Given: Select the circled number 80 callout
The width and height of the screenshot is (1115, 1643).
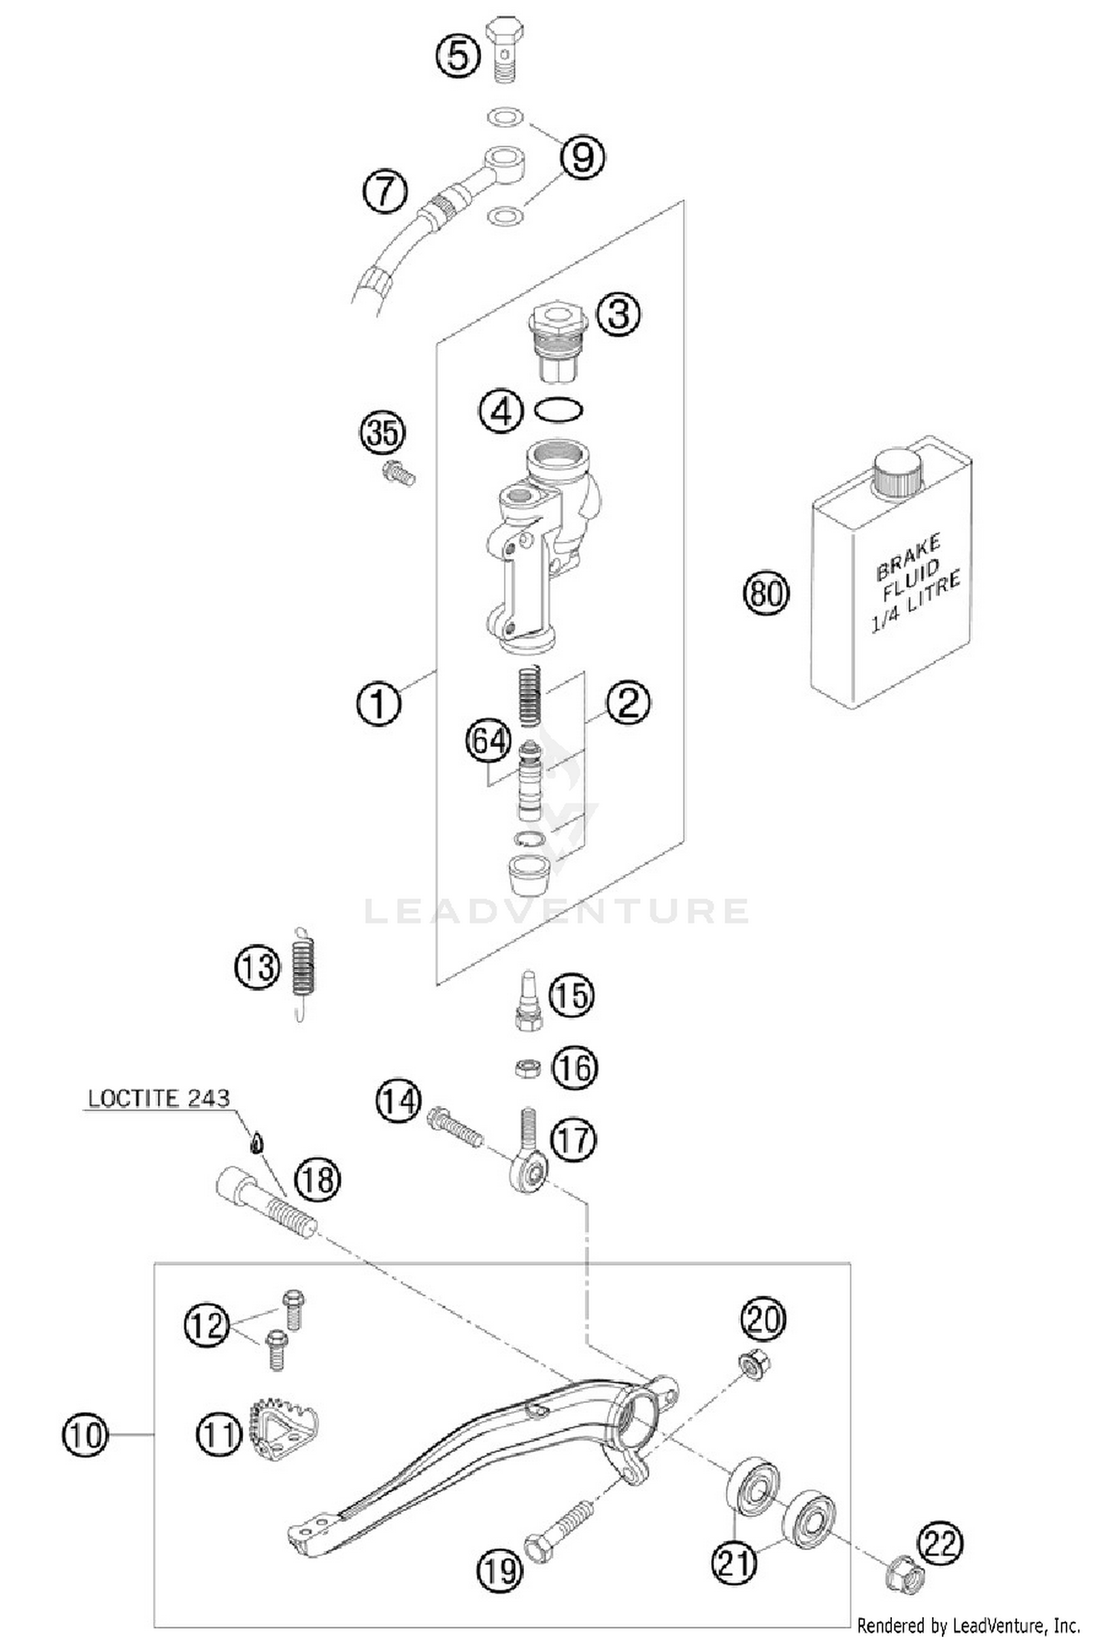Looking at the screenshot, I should (766, 592).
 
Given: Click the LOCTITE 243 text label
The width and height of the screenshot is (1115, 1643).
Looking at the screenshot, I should (159, 1098).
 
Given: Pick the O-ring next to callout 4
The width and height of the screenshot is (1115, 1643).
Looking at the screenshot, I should (559, 409).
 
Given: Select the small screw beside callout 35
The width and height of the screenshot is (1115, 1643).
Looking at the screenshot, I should (398, 473).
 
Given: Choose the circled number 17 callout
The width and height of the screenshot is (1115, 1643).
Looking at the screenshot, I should (573, 1139).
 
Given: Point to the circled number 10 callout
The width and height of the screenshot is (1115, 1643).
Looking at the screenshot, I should (85, 1433).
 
